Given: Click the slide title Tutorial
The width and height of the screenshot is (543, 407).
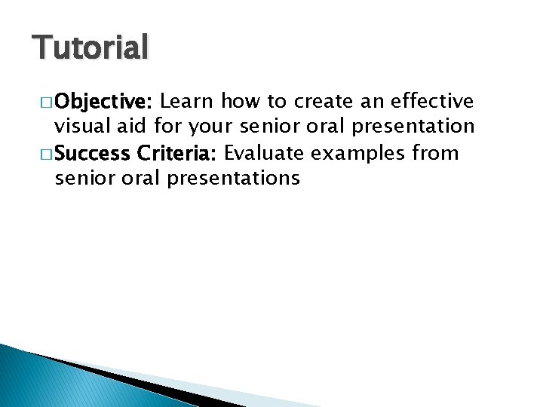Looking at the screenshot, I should [x=90, y=47].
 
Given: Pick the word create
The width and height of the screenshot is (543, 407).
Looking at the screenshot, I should [x=325, y=102].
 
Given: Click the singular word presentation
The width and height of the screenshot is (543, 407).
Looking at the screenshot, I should [x=414, y=127].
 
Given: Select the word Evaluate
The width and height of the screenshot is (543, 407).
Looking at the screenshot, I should [x=265, y=154].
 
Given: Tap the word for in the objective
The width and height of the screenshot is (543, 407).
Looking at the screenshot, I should [x=170, y=127].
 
